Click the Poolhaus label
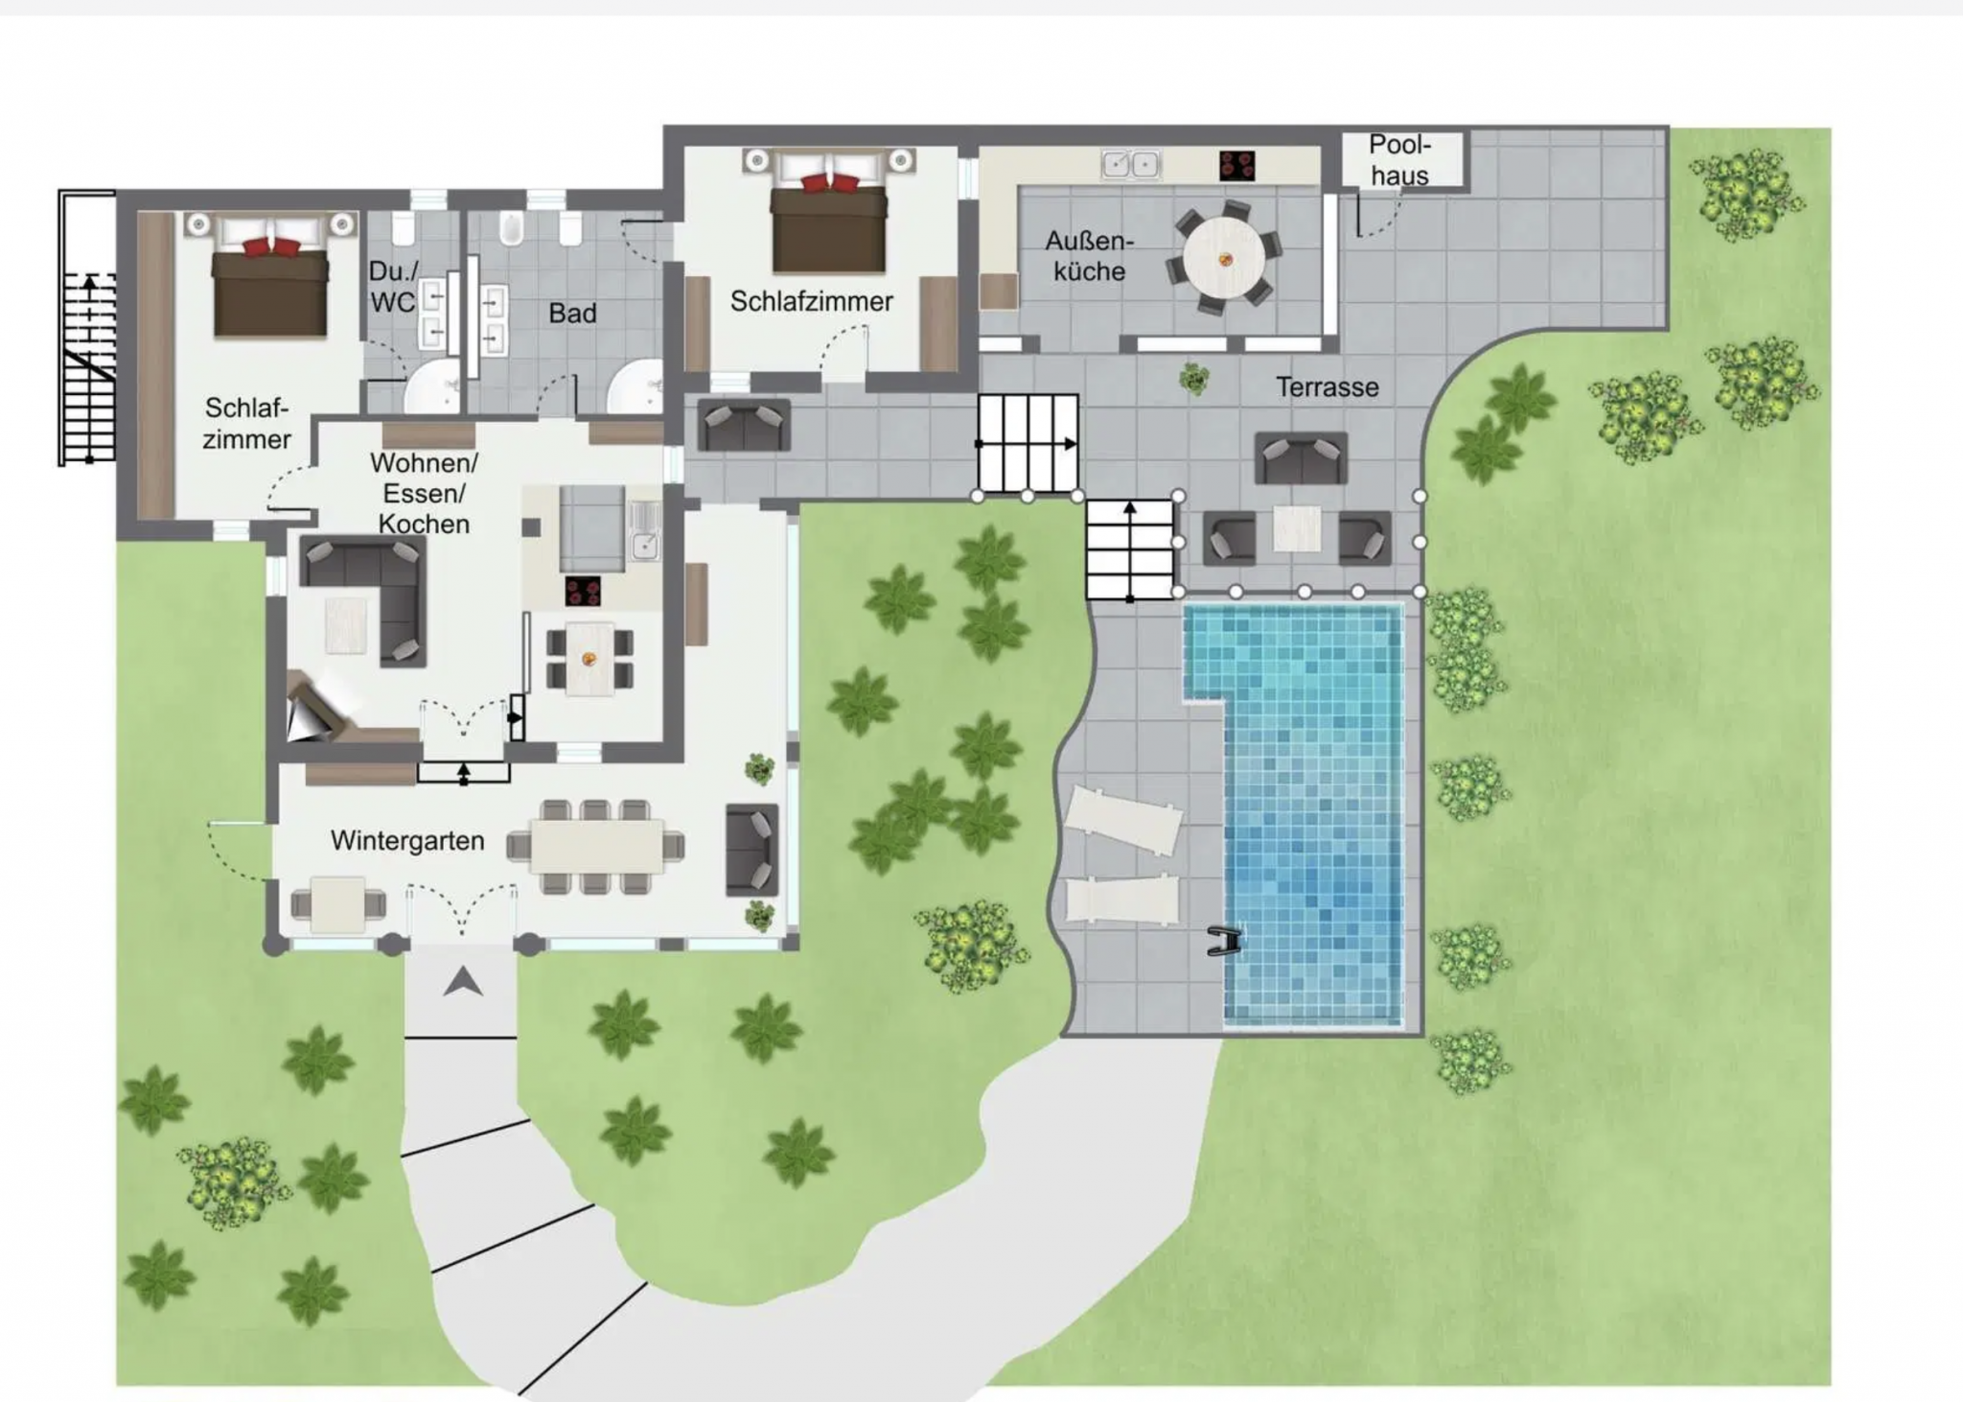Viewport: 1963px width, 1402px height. (1400, 160)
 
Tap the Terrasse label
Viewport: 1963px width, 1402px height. (1327, 387)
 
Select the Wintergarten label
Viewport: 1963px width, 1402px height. (407, 841)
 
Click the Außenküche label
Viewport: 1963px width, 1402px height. (1089, 256)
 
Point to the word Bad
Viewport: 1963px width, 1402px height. (572, 314)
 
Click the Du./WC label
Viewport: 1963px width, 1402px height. (392, 287)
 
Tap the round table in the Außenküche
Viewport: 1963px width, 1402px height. (1224, 259)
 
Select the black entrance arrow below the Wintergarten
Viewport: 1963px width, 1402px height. (463, 981)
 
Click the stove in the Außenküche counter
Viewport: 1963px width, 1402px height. (1237, 166)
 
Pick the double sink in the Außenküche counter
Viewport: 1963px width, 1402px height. (1131, 165)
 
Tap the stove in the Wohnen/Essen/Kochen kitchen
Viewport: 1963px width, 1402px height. (583, 591)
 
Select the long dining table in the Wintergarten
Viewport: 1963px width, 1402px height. (596, 845)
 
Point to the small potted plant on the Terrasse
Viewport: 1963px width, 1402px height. (1194, 379)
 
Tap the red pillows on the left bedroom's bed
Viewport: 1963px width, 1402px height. (270, 247)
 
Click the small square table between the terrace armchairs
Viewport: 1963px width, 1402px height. (1296, 529)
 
